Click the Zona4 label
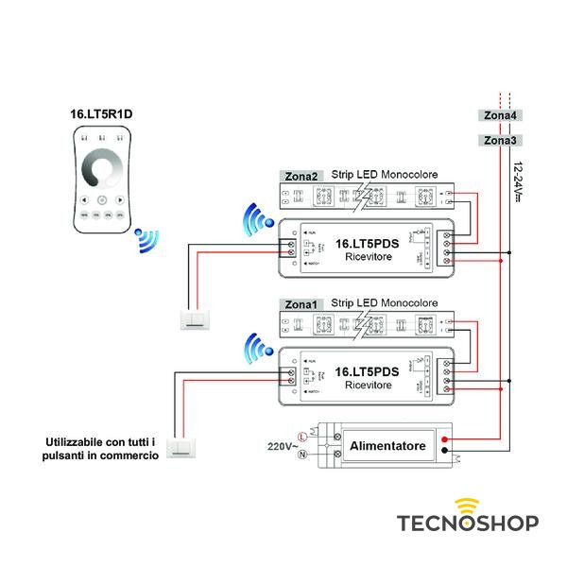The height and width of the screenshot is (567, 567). coord(500,116)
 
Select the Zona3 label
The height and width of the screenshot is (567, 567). coord(500,141)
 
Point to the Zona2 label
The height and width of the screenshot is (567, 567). coord(301,176)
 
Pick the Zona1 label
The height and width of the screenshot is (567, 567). coord(301,305)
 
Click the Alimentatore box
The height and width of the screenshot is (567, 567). coord(388,445)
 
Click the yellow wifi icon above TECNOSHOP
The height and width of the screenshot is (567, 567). coord(467,503)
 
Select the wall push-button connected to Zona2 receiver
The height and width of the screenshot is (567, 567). coord(197,318)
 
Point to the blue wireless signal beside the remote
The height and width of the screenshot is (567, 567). coord(145,240)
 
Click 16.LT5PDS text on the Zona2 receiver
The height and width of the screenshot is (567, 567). coord(368,243)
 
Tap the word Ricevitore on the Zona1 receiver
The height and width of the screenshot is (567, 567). coord(368,386)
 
